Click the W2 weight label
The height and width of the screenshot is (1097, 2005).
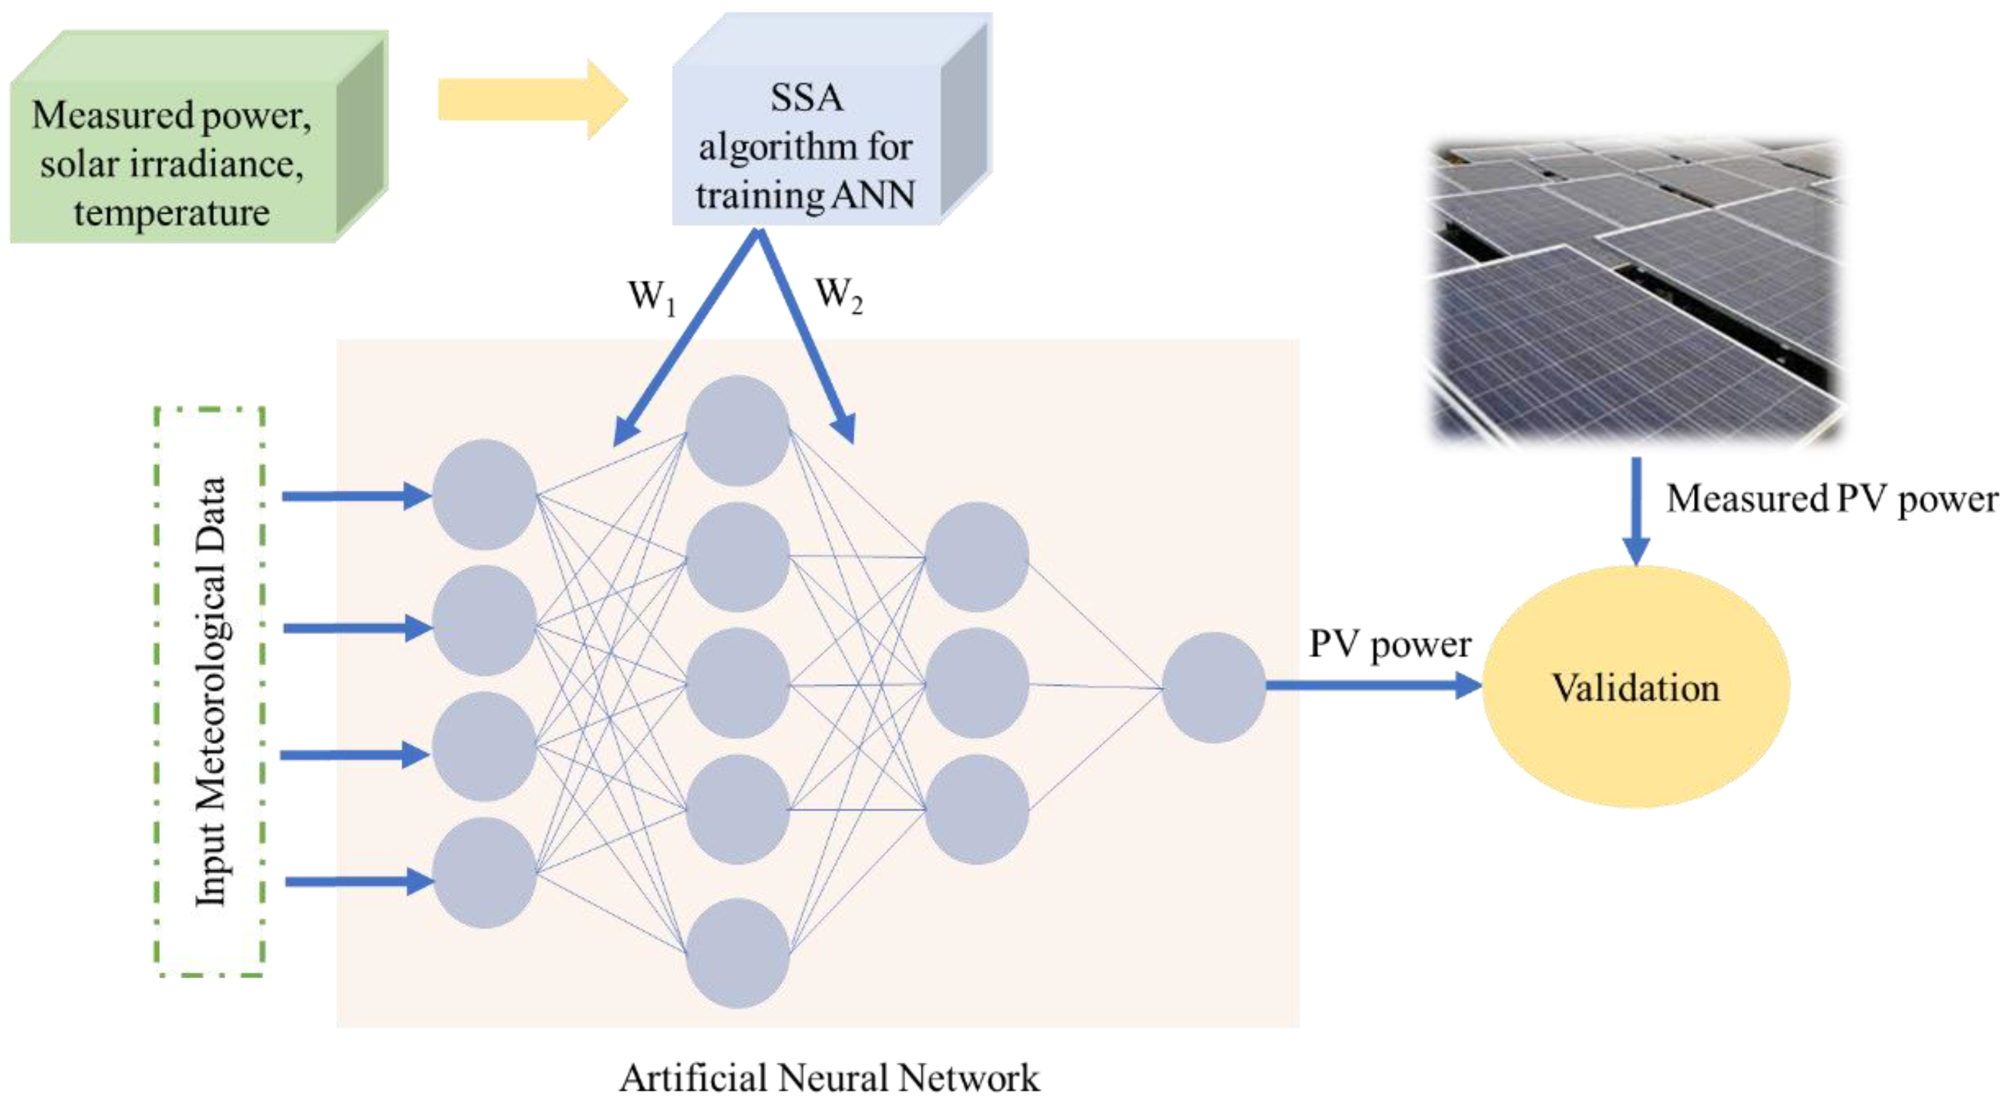(x=838, y=295)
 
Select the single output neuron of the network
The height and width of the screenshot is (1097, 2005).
(x=1213, y=687)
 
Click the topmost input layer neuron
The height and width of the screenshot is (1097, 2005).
(x=484, y=494)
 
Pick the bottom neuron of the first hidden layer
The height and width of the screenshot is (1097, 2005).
(x=737, y=953)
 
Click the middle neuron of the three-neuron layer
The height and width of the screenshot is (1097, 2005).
(x=976, y=683)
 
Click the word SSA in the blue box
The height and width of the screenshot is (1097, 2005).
(x=807, y=98)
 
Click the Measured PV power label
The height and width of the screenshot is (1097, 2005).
(x=1831, y=499)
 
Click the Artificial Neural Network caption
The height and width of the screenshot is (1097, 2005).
(x=829, y=1078)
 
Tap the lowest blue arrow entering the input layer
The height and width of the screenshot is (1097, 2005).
(x=358, y=881)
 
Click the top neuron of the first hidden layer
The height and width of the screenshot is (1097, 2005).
(x=737, y=430)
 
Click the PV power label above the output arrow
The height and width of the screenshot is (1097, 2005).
(x=1389, y=645)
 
